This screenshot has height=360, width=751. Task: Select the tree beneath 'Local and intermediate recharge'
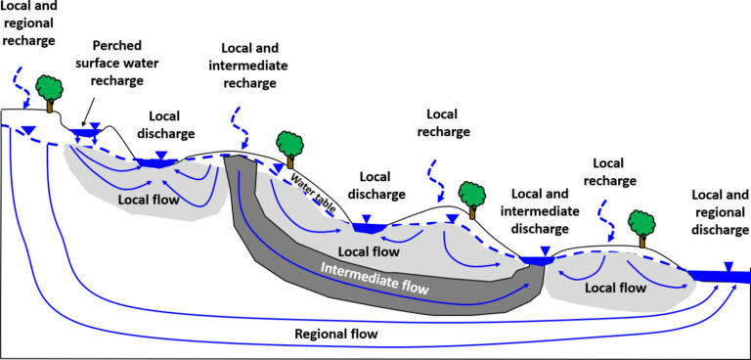(288, 148)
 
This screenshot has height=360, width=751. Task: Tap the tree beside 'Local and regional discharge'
(641, 226)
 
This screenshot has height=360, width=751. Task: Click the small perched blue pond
(86, 131)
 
